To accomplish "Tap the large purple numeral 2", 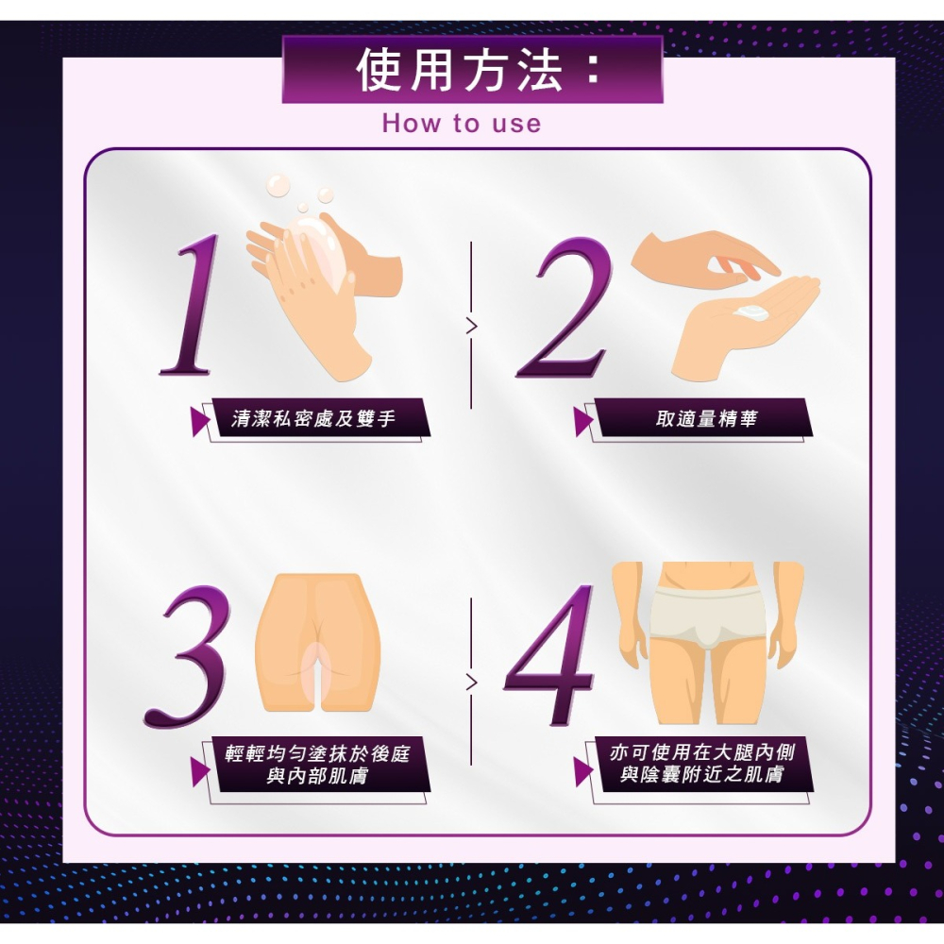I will click(x=565, y=307).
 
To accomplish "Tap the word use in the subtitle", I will click(x=515, y=124).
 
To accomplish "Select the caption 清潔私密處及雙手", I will click(x=314, y=418).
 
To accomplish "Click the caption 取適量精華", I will click(x=706, y=418).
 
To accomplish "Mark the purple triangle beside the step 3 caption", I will click(x=199, y=771).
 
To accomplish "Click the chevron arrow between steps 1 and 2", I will click(x=471, y=327).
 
